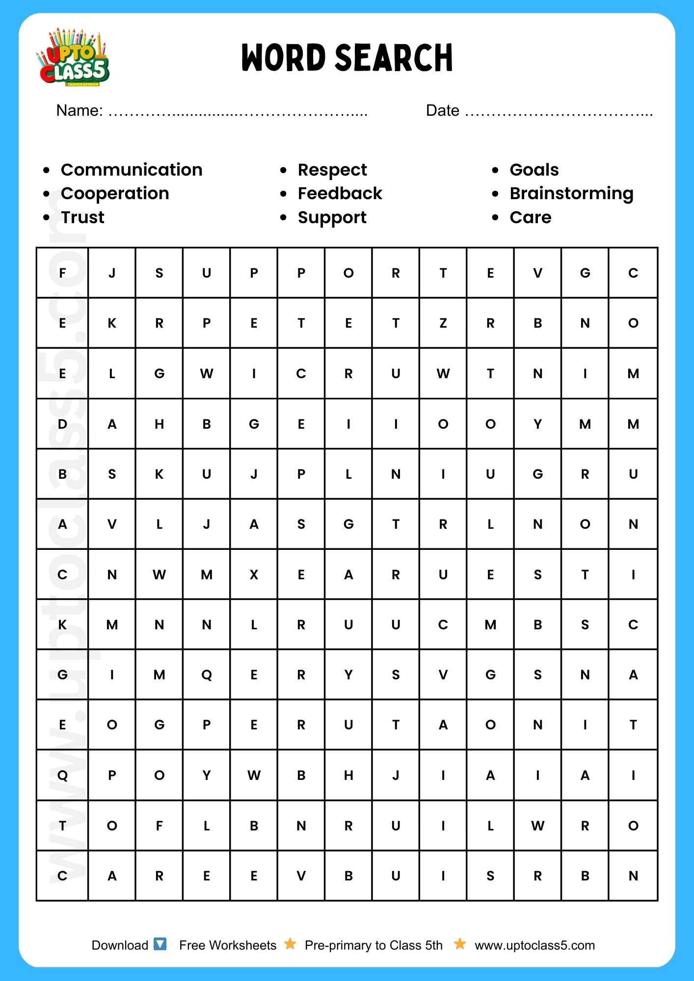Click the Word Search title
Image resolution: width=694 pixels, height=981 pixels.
click(347, 58)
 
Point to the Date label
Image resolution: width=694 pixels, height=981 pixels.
click(442, 111)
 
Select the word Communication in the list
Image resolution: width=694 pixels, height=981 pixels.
click(132, 170)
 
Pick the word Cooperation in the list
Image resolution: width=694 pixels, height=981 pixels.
click(115, 193)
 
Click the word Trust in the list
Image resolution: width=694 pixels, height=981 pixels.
click(82, 217)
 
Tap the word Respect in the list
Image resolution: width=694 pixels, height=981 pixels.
click(332, 170)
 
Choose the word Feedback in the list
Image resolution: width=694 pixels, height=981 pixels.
click(340, 193)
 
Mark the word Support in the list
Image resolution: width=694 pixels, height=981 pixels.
click(332, 218)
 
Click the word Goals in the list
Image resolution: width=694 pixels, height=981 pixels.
click(534, 170)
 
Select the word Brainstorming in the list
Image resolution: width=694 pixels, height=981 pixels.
click(571, 194)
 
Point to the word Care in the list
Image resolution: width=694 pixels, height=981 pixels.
click(531, 217)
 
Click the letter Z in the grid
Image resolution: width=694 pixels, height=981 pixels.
click(443, 323)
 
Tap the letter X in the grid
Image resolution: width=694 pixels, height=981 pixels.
click(254, 574)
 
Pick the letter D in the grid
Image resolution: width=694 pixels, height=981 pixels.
click(62, 424)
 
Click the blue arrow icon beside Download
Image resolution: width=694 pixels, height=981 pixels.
click(160, 944)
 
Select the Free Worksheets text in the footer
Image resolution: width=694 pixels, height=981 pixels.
click(228, 945)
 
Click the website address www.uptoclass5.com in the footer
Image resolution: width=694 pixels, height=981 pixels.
click(534, 945)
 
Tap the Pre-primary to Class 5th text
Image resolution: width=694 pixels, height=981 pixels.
click(374, 945)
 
